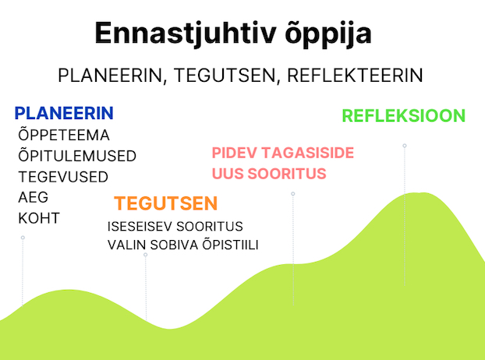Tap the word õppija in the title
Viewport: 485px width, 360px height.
click(x=327, y=34)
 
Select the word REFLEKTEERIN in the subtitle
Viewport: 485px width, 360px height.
click(x=355, y=76)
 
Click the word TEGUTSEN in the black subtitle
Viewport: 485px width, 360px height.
click(x=225, y=76)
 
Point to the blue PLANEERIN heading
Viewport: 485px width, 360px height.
click(x=64, y=113)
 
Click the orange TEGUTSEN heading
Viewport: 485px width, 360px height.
click(x=166, y=203)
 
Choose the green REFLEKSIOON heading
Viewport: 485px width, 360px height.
click(x=404, y=115)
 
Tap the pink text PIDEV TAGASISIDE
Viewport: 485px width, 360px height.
click(x=283, y=153)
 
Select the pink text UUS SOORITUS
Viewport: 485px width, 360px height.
click(x=269, y=173)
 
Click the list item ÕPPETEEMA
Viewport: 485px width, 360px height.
click(x=64, y=135)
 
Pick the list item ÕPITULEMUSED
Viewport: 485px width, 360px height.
click(x=77, y=155)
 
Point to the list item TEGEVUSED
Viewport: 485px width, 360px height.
click(x=63, y=177)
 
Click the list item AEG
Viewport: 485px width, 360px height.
click(x=33, y=197)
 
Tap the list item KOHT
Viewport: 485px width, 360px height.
click(x=39, y=218)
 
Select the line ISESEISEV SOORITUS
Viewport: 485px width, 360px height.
click(x=175, y=227)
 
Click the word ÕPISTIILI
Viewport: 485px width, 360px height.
click(x=230, y=245)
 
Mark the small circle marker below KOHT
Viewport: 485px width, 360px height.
click(x=23, y=238)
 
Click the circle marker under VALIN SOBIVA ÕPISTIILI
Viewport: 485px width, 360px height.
click(x=145, y=255)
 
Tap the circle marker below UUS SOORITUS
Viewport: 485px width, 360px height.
click(x=293, y=194)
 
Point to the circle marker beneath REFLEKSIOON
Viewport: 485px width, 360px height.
click(x=405, y=146)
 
